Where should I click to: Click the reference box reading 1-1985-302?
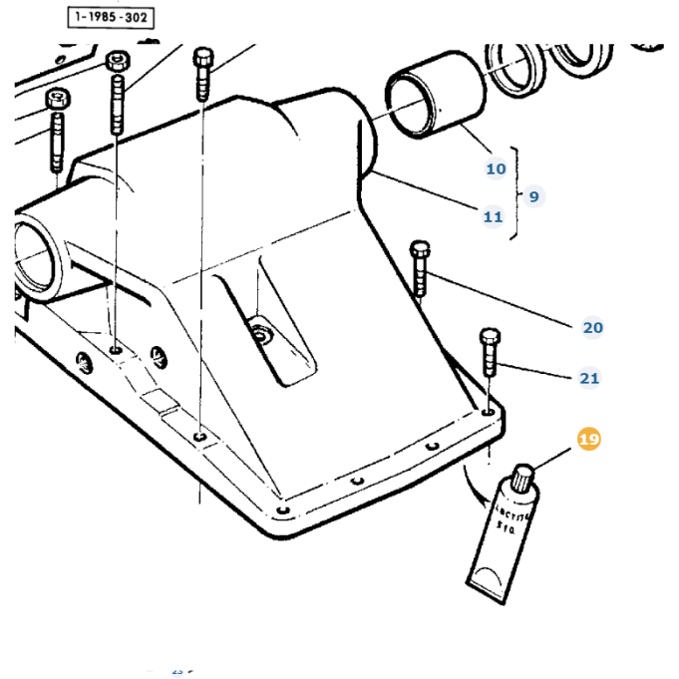(x=112, y=17)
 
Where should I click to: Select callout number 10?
(x=496, y=169)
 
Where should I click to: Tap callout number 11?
(x=493, y=216)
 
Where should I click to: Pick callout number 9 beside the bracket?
(x=533, y=196)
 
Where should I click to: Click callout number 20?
(x=592, y=327)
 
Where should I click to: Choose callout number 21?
(x=589, y=378)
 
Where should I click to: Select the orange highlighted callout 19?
(x=589, y=439)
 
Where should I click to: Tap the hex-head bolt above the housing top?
(x=203, y=71)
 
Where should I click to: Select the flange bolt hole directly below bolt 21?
(x=487, y=410)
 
